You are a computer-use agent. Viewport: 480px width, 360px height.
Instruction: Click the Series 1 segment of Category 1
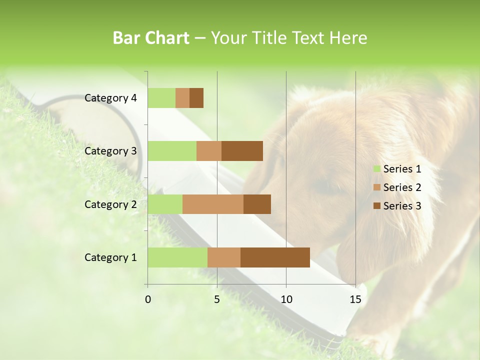point(177,257)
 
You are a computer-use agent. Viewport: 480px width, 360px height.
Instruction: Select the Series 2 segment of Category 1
point(224,257)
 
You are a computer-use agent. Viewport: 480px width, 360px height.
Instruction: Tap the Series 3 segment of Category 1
point(275,257)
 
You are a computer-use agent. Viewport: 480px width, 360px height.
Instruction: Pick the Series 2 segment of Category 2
point(213,204)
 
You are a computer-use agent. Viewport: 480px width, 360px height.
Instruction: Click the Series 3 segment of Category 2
point(257,204)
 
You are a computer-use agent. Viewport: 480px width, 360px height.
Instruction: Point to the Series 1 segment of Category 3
point(172,151)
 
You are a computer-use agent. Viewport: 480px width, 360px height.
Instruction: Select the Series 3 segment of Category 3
point(242,151)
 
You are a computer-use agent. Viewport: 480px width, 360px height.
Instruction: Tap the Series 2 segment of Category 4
point(182,98)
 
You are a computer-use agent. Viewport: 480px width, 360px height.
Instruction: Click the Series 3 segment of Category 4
point(196,98)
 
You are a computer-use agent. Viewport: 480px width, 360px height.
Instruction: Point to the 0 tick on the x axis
point(148,300)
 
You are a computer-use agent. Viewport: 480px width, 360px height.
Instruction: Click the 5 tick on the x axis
point(217,300)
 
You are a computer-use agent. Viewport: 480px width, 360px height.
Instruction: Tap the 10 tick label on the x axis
point(286,300)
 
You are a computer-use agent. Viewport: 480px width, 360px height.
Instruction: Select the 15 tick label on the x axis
point(355,300)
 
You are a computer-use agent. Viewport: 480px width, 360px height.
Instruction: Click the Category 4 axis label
point(110,98)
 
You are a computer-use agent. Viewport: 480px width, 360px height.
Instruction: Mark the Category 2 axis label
point(110,204)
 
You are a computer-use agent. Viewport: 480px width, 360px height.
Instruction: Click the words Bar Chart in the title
point(151,38)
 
